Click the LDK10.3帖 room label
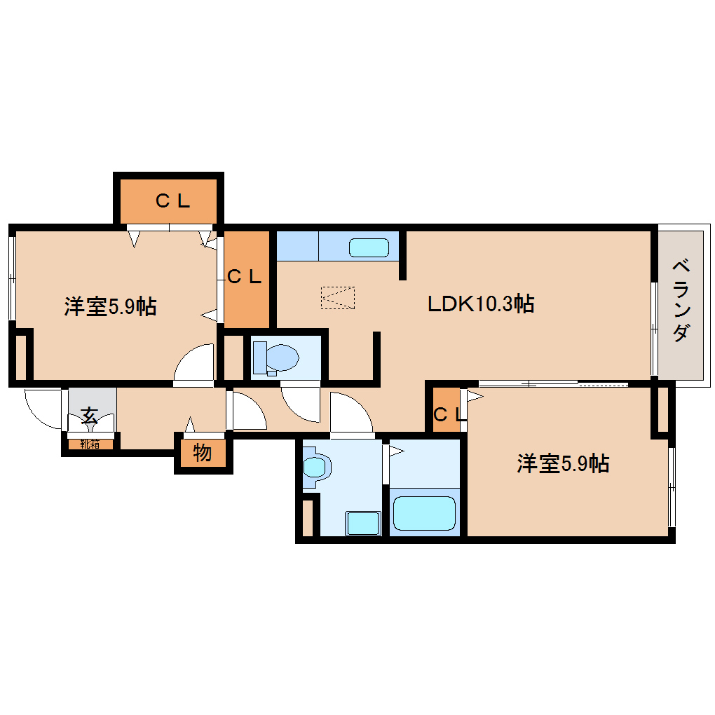pyautogui.click(x=482, y=304)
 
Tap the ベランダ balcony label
pyautogui.click(x=680, y=301)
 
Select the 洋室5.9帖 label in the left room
pyautogui.click(x=110, y=306)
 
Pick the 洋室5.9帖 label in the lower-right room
pyautogui.click(x=562, y=463)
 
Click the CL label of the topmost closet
pyautogui.click(x=172, y=202)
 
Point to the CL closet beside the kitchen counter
pyautogui.click(x=244, y=277)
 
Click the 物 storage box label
pyautogui.click(x=202, y=454)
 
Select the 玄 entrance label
pyautogui.click(x=89, y=414)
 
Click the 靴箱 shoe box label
pyautogui.click(x=90, y=444)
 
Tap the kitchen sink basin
pyautogui.click(x=369, y=247)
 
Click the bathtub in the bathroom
pyautogui.click(x=424, y=514)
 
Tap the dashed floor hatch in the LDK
pyautogui.click(x=337, y=297)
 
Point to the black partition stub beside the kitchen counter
pyautogui.click(x=403, y=255)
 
